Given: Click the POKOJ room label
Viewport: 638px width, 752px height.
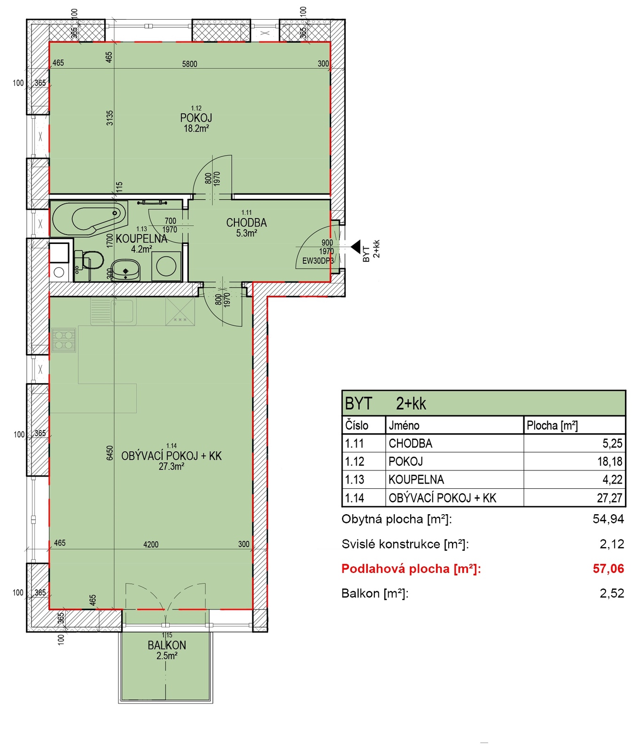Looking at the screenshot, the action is tap(196, 117).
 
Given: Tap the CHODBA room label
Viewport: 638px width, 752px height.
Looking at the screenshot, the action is tap(246, 222).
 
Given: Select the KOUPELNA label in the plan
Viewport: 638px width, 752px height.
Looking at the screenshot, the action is tap(141, 239).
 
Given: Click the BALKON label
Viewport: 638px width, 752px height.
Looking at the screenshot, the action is tap(167, 645).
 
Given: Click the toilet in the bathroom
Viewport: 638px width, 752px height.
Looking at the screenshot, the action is tap(89, 260).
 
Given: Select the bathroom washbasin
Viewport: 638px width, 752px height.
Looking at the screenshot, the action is tap(126, 270).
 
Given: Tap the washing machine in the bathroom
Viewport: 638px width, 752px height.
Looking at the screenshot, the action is tap(166, 266).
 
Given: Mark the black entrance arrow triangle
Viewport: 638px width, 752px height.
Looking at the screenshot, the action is tap(356, 247).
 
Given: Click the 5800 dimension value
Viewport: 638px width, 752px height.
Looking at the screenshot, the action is tap(190, 64).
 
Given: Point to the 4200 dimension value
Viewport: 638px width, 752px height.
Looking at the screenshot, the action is tap(151, 544).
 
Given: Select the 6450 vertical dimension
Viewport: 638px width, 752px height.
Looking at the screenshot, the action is tap(110, 453).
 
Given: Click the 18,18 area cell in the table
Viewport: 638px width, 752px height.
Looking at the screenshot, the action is tap(610, 462).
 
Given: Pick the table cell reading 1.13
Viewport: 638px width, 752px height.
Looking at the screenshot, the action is tap(355, 479).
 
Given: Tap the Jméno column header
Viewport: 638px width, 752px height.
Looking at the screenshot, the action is tap(404, 425).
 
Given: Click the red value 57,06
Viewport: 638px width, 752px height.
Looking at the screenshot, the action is tap(608, 569).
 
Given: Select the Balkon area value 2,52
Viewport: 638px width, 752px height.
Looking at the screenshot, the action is tap(612, 593).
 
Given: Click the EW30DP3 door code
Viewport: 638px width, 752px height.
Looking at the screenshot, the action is tap(318, 261).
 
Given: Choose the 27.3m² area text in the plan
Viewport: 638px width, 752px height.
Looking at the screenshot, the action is tap(171, 467).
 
